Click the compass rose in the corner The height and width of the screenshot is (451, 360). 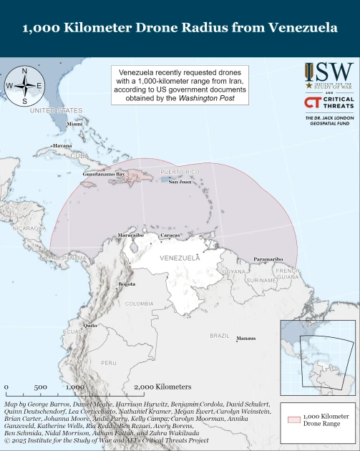point(24,85)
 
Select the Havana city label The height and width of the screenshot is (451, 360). point(62,145)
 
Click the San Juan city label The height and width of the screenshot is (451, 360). point(180,182)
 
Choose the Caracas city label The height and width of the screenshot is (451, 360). point(170,235)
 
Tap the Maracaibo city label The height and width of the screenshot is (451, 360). point(131,235)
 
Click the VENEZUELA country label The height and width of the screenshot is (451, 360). point(180,257)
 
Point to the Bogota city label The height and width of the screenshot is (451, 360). point(126,284)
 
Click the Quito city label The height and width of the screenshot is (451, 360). point(90,325)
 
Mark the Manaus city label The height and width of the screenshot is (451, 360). point(245,338)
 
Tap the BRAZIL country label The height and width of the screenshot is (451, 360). point(219,335)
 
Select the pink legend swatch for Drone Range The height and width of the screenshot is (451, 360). point(293,420)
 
